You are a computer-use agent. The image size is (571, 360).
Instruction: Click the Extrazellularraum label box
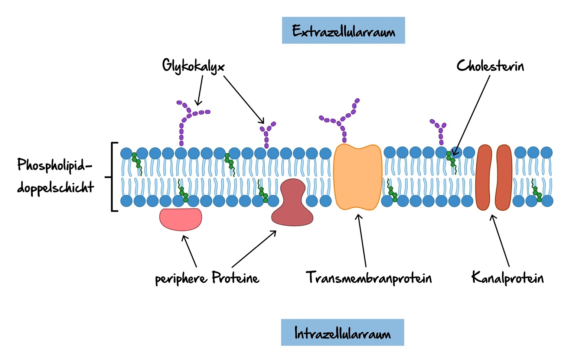tap(343, 30)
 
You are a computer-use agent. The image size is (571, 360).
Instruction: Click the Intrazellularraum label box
tap(342, 333)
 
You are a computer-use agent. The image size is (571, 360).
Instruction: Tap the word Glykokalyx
tap(193, 66)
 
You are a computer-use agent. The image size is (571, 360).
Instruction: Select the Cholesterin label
tap(490, 66)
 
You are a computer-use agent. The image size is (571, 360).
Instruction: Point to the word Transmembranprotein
tap(369, 278)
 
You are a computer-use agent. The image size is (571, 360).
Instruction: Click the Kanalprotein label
tap(507, 278)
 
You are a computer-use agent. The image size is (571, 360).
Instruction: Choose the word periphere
tap(181, 279)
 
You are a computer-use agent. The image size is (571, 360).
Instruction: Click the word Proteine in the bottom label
tap(235, 278)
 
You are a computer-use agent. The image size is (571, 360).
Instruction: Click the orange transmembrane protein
tap(358, 177)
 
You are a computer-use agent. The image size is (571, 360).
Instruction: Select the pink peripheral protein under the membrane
tap(181, 219)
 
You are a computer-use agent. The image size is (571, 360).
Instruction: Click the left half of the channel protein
tap(484, 177)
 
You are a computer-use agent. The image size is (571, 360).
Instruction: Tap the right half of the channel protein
tap(504, 177)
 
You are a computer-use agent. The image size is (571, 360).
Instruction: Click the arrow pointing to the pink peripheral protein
tap(189, 251)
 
